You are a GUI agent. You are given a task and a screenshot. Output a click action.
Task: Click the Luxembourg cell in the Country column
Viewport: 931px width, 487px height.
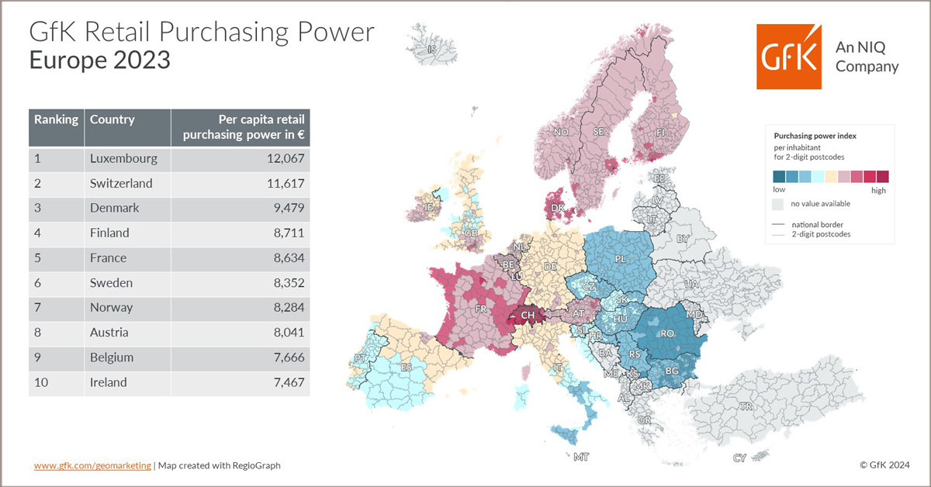(x=123, y=159)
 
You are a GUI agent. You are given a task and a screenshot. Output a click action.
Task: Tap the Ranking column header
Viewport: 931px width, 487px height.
(x=56, y=119)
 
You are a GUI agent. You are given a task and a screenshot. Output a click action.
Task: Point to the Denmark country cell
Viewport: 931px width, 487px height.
(x=114, y=209)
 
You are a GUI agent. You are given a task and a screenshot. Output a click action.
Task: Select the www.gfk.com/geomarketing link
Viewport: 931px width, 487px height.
(x=92, y=465)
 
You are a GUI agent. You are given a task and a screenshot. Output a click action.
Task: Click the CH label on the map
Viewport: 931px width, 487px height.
(x=528, y=316)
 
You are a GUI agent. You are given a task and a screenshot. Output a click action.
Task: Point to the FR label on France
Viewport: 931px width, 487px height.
(x=481, y=309)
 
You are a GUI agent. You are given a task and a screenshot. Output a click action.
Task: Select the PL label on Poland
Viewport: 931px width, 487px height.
(x=621, y=258)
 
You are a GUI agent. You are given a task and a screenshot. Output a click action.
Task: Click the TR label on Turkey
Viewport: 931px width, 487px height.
(x=747, y=406)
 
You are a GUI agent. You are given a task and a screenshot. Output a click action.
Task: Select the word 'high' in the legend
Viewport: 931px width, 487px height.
(x=878, y=190)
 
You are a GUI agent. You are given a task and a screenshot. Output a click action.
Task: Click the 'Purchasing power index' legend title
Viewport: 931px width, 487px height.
(x=810, y=136)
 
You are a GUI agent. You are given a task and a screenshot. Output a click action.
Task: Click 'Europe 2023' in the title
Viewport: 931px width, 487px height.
(x=99, y=60)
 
